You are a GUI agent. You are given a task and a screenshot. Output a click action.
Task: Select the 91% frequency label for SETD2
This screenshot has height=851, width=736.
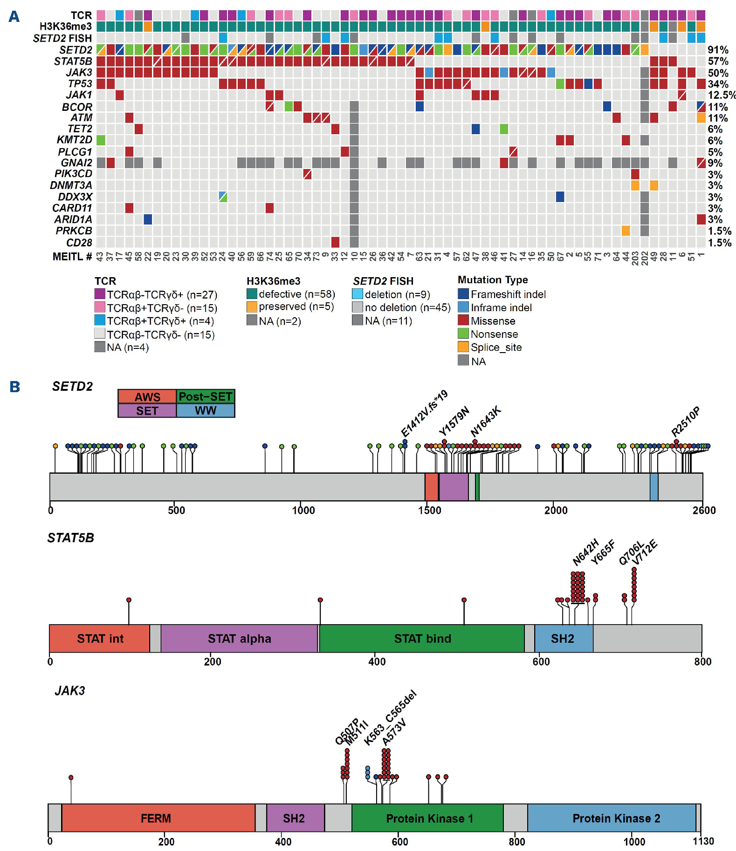coord(717,50)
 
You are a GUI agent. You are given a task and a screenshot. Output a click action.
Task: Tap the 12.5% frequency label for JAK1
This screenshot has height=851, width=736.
coord(721,95)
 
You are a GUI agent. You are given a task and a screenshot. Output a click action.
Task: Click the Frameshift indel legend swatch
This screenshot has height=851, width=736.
coord(463,294)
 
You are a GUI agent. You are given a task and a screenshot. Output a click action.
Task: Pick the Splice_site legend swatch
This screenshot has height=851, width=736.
coord(463,347)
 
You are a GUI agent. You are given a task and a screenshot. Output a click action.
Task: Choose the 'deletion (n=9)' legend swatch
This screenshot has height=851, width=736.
coord(358,294)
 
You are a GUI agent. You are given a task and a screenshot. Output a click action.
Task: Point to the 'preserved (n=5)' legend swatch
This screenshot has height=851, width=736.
coord(252,307)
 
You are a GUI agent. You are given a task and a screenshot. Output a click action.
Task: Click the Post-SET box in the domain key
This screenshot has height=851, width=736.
coord(205,396)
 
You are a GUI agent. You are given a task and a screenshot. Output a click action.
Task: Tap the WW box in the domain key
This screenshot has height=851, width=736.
coord(205,410)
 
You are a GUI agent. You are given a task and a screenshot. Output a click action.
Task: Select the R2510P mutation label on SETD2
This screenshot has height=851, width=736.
coord(686,422)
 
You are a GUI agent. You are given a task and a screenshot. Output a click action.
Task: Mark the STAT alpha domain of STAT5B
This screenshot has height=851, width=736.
coord(239,639)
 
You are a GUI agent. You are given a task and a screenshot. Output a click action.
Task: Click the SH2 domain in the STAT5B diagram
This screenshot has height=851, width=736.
coord(563,639)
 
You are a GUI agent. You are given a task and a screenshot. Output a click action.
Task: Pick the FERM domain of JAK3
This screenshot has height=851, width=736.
coord(156,818)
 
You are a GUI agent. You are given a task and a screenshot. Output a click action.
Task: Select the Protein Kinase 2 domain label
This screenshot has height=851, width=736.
coord(616,818)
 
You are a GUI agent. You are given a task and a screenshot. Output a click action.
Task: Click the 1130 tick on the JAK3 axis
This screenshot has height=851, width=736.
coord(703,841)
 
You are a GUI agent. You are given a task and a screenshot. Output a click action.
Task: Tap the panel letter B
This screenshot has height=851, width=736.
coord(15,387)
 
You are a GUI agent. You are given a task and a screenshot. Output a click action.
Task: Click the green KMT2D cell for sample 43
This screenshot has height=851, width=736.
coord(101,140)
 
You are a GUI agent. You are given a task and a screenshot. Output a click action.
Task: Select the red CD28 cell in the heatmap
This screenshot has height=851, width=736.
coord(335,242)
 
